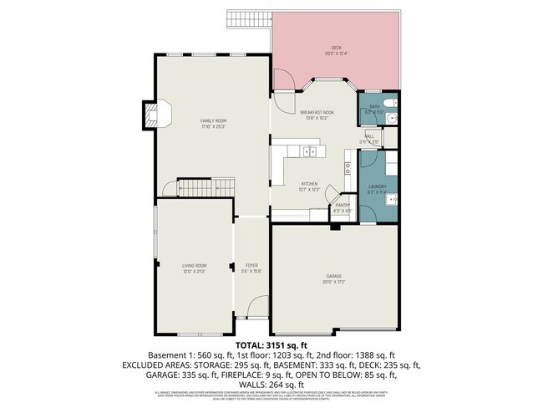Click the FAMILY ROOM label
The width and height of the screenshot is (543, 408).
(213, 122)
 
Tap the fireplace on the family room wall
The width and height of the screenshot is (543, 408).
(152, 116)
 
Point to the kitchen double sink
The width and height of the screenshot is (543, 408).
(310, 151)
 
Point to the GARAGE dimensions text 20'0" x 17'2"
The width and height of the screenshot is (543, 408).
(333, 282)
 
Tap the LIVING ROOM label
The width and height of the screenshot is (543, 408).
(194, 266)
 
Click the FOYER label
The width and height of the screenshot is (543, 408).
(251, 266)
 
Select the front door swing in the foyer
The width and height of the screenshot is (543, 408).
(259, 307)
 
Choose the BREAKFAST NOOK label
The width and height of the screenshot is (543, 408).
(317, 112)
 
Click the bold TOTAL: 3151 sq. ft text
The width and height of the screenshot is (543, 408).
(271, 344)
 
